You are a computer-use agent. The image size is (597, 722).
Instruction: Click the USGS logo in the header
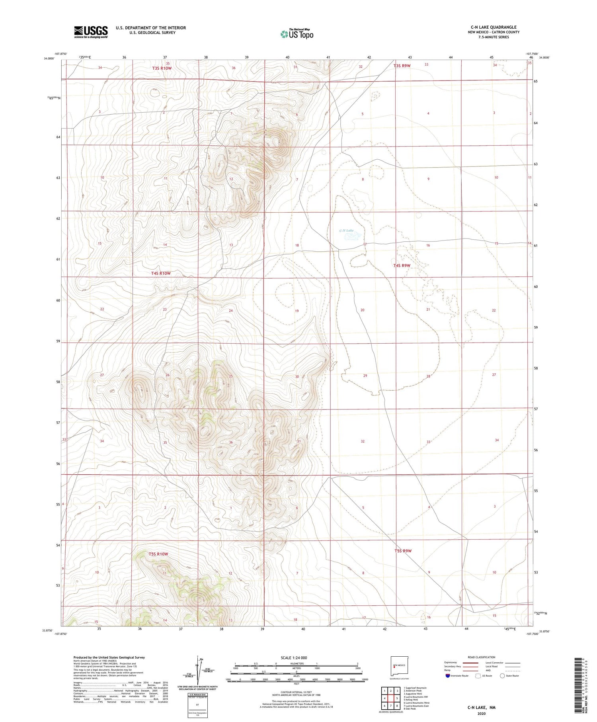pos(91,32)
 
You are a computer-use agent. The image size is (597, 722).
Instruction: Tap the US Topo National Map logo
pos(297,34)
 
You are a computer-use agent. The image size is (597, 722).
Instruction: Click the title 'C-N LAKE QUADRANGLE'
pos(494,27)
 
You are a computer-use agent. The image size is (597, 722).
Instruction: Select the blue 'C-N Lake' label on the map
pos(346,231)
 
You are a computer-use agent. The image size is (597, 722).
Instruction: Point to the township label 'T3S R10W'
pos(162,68)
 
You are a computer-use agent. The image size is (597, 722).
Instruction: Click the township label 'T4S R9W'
pos(402,265)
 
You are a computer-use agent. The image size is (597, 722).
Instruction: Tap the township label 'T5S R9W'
pos(403,551)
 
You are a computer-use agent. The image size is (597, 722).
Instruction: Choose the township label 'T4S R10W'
pos(161,273)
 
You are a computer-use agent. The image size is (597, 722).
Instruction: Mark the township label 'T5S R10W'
pos(159,554)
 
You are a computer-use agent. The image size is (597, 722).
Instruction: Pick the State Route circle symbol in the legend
pos(502,676)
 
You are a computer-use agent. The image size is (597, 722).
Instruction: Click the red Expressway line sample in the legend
pos(470,663)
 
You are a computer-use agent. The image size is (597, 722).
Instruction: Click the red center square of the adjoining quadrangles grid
pos(391,698)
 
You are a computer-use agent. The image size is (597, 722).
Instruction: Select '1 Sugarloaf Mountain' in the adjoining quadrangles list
pos(415,688)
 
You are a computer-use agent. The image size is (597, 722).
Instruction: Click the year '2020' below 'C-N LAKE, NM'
pos(482,713)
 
